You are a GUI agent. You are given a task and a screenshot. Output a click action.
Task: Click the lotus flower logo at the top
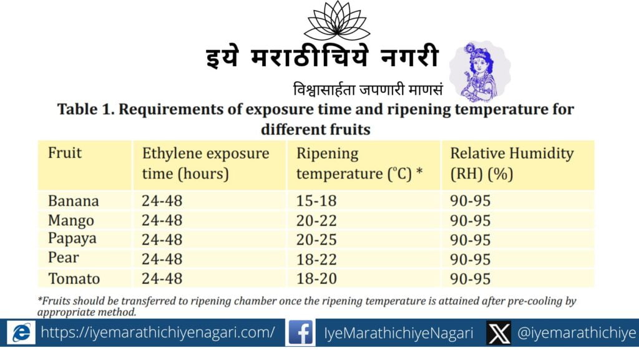tap(336, 21)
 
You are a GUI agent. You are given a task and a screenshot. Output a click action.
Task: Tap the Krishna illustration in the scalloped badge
tap(480, 72)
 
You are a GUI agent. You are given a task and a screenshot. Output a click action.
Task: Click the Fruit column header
tap(65, 153)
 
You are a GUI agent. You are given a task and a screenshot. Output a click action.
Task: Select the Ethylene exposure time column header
tap(205, 163)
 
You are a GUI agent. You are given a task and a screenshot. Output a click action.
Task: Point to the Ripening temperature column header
tap(359, 163)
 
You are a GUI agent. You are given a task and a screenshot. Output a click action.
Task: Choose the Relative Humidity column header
tap(512, 163)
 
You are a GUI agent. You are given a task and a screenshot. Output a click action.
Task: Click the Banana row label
tap(74, 201)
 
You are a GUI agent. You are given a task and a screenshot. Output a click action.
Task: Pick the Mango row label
tap(71, 221)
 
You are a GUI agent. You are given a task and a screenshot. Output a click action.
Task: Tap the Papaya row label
tap(72, 238)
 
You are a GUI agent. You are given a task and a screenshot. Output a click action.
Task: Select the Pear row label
tap(63, 258)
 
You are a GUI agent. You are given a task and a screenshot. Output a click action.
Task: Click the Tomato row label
tap(74, 278)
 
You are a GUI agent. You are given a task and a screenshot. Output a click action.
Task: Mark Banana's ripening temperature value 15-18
tap(316, 201)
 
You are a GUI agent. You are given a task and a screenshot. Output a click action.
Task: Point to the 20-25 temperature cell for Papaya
tap(316, 240)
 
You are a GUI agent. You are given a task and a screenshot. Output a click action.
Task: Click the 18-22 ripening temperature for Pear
tap(316, 260)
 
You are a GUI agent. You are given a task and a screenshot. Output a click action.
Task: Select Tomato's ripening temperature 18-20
tap(316, 278)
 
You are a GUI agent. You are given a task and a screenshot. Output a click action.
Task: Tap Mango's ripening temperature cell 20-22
tap(316, 221)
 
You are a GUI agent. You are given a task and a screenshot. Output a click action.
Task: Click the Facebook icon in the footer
tap(300, 333)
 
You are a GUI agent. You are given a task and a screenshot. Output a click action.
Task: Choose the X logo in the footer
tap(499, 333)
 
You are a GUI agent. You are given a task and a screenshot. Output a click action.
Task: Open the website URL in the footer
tap(158, 333)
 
